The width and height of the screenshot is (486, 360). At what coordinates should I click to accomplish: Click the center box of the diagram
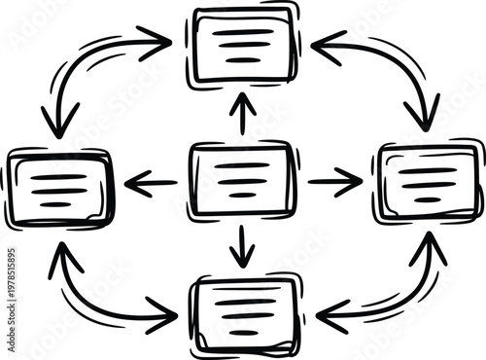tap(242, 179)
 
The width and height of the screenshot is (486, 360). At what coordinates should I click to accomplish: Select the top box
tap(244, 46)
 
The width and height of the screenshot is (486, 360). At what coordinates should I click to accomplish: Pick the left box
tap(59, 188)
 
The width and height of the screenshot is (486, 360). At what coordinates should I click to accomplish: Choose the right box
tap(427, 184)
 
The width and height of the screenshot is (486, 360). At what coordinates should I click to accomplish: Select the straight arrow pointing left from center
tap(151, 182)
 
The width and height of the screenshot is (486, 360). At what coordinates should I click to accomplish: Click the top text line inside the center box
tap(242, 165)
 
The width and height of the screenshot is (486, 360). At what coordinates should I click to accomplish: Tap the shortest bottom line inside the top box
tap(244, 59)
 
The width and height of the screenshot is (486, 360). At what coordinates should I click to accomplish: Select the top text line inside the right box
tap(428, 170)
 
